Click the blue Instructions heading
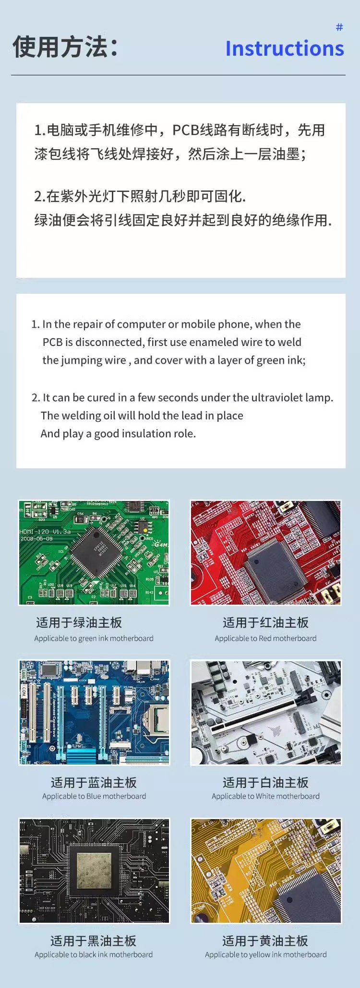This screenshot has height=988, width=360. point(285,48)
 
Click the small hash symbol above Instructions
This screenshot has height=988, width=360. point(339,27)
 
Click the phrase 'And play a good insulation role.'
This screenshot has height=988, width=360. point(118,434)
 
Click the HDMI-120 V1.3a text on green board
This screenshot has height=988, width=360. point(45,532)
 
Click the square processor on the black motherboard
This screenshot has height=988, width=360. point(94,869)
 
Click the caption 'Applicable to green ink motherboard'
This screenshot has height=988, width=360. point(94,638)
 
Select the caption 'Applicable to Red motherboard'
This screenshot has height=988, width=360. point(265,638)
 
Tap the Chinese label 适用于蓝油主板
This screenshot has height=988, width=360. point(94,783)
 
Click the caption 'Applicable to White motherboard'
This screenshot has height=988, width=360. point(265,796)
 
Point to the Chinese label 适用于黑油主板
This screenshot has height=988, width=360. point(94,940)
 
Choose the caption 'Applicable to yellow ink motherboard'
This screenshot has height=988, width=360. point(265,954)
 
